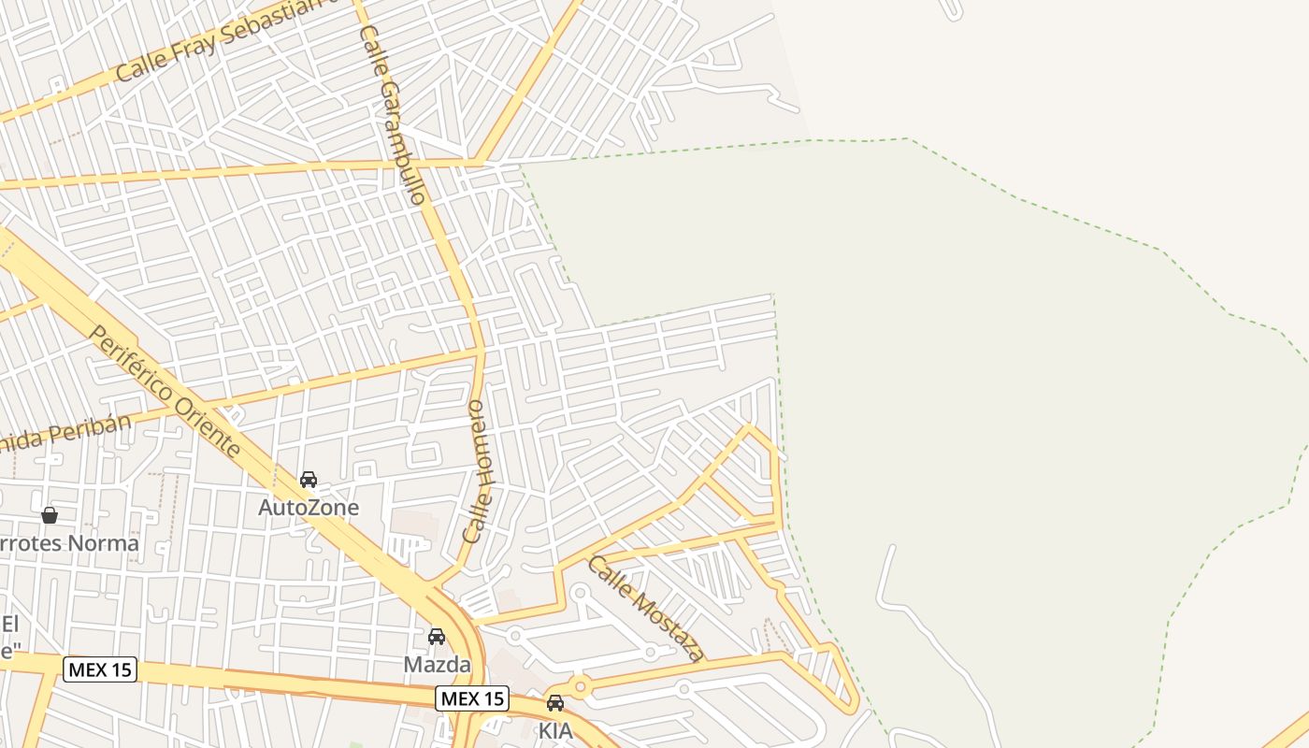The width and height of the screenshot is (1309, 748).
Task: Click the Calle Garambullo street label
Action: pos(393,114)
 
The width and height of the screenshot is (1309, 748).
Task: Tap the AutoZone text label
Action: pos(309,507)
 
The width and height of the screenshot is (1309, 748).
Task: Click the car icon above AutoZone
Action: pos(309,480)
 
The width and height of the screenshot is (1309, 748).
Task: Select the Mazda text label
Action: pos(437,664)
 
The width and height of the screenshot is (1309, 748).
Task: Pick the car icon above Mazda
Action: pos(437,637)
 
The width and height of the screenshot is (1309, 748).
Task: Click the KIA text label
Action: pos(554,730)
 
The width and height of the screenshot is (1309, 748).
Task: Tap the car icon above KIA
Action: pos(555,703)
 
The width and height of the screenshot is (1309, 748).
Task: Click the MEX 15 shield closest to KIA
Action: pos(472,698)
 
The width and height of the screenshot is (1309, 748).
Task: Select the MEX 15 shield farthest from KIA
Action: pos(100,669)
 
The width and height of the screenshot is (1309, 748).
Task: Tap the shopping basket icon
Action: pos(50,515)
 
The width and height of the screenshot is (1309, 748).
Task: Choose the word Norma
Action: pos(103,543)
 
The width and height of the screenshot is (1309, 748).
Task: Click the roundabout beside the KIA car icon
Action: pos(581,689)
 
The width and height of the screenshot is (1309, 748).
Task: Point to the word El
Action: pos(10,625)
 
